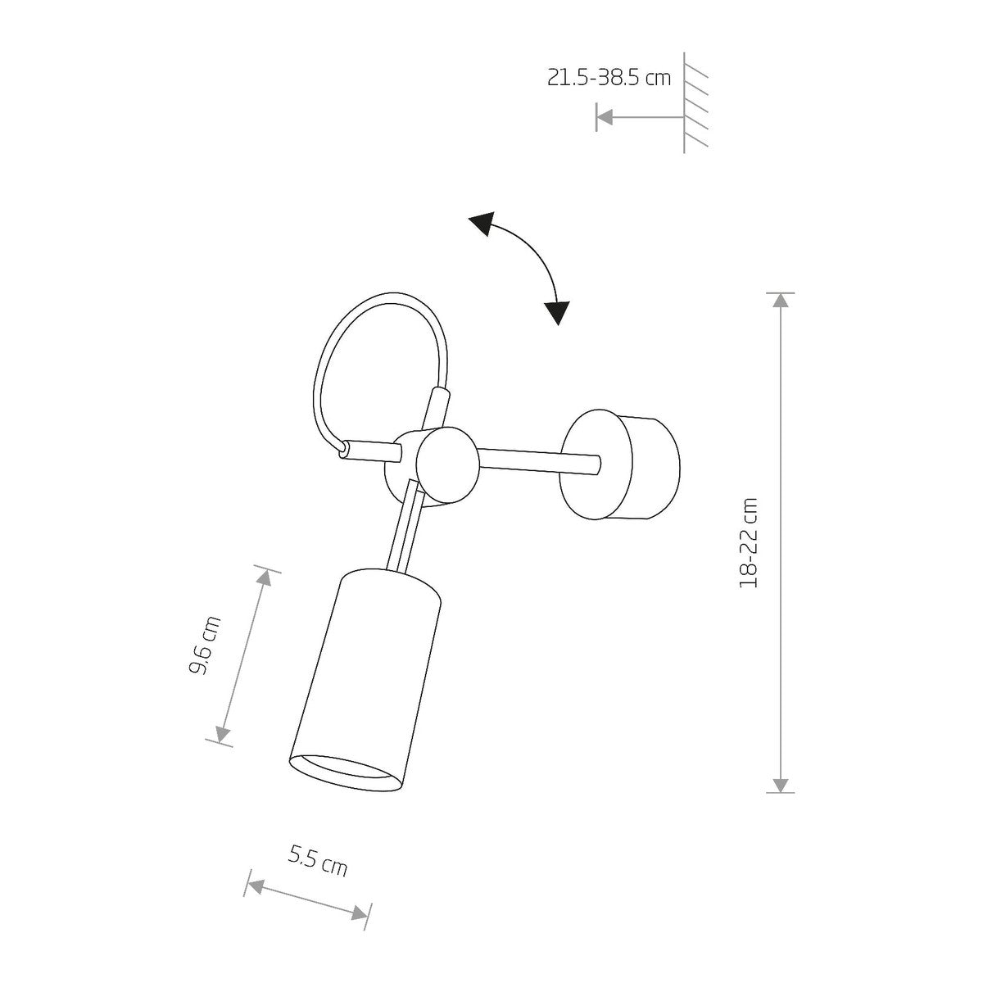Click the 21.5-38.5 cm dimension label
(x=609, y=79)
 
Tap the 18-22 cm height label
(x=749, y=542)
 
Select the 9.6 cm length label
(x=205, y=646)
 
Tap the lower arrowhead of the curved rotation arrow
(x=557, y=312)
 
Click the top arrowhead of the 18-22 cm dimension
(x=781, y=300)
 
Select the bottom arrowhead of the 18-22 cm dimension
(x=781, y=785)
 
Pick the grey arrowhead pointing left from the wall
(x=605, y=117)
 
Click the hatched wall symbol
(x=695, y=102)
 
